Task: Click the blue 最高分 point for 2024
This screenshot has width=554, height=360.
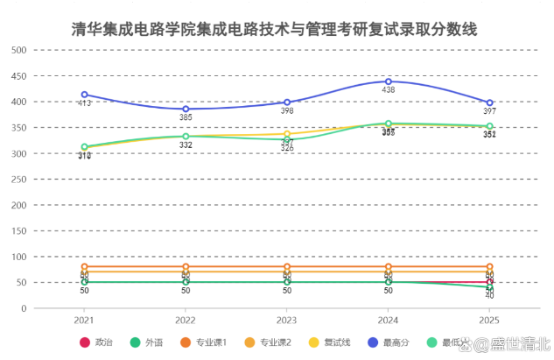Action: (x=389, y=81)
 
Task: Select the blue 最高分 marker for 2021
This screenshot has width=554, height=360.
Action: (x=85, y=95)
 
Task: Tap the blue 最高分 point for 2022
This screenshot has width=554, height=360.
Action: (x=186, y=109)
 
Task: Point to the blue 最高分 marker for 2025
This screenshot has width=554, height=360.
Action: (x=490, y=102)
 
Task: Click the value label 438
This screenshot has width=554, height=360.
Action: (x=389, y=90)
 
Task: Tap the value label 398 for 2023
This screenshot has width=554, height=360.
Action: (x=287, y=111)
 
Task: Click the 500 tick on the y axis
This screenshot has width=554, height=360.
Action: (x=18, y=50)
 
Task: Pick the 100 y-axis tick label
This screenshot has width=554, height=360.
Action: (x=18, y=258)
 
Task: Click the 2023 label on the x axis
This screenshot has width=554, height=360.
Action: (x=287, y=321)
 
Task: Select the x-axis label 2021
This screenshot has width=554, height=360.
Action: (x=85, y=321)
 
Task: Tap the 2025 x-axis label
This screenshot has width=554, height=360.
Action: (x=490, y=321)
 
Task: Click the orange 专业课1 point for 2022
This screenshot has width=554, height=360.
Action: (x=186, y=266)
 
